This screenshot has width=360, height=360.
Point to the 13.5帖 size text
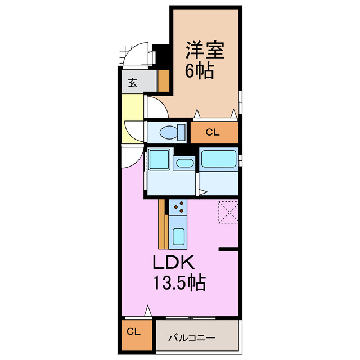179,282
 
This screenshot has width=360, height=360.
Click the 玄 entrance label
133,83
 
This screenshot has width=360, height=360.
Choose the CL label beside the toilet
212,133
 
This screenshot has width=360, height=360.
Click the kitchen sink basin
179,236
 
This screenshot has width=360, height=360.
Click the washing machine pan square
160,160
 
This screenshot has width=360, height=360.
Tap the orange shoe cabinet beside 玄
164,80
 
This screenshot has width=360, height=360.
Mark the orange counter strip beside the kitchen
162,224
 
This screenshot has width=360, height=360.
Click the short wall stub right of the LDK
229,248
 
